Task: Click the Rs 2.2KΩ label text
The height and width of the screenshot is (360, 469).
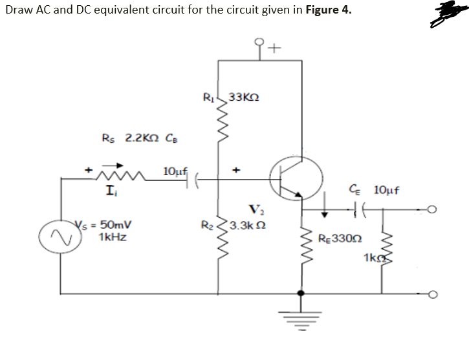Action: (140, 138)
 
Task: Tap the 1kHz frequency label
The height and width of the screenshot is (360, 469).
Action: (112, 237)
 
